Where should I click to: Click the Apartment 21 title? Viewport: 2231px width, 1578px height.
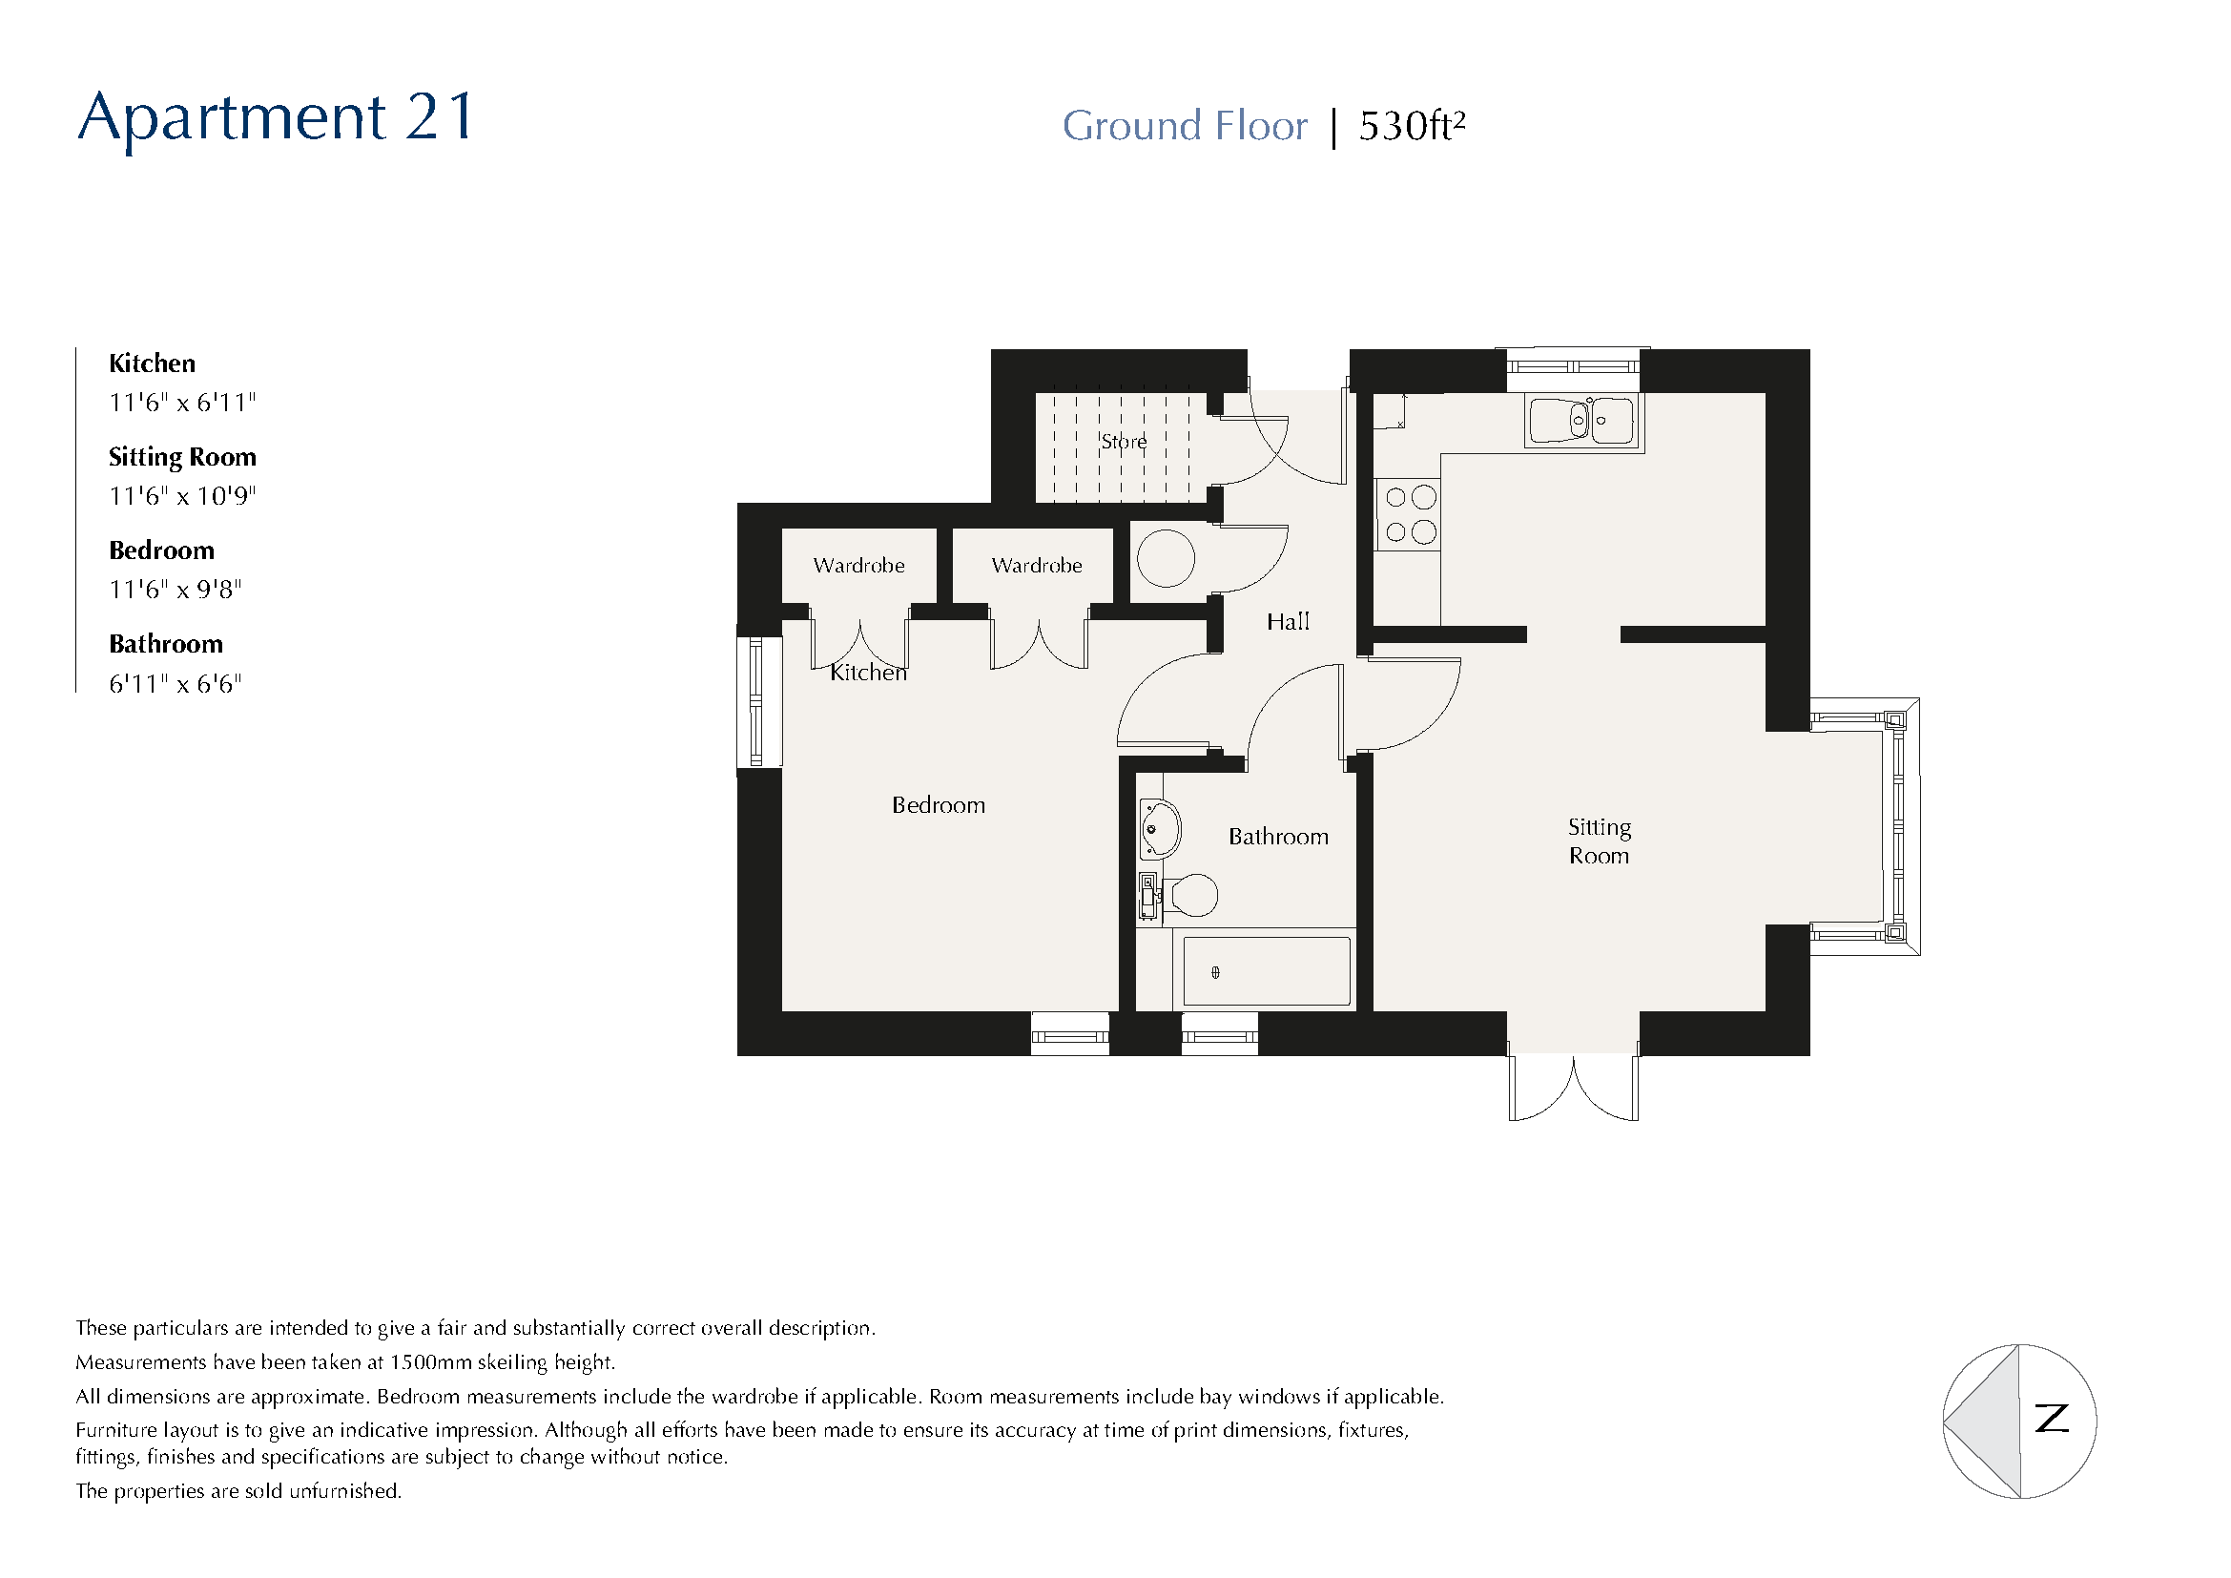click(x=276, y=118)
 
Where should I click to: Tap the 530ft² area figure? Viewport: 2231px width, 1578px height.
click(x=1411, y=126)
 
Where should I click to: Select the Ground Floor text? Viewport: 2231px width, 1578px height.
click(x=1185, y=126)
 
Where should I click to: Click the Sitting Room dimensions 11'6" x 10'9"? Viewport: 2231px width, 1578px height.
click(x=182, y=496)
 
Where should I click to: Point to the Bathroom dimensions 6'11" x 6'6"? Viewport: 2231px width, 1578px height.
click(x=175, y=684)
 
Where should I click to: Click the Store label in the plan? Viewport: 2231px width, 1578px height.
click(x=1124, y=442)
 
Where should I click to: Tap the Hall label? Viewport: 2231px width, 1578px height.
click(x=1288, y=622)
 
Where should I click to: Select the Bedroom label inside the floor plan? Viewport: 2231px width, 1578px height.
click(x=938, y=805)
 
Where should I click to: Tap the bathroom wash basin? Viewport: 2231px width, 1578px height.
click(x=1158, y=829)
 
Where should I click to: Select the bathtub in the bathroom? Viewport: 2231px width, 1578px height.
click(x=1265, y=970)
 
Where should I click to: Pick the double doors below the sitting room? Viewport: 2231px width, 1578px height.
click(x=1573, y=1087)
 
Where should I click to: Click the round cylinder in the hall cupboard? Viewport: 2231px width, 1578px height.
click(x=1165, y=558)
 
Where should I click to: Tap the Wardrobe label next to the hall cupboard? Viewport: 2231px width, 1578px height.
click(x=1036, y=566)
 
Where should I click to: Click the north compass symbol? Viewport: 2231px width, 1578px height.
click(x=2019, y=1421)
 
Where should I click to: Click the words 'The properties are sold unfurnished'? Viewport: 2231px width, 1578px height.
click(x=238, y=1491)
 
